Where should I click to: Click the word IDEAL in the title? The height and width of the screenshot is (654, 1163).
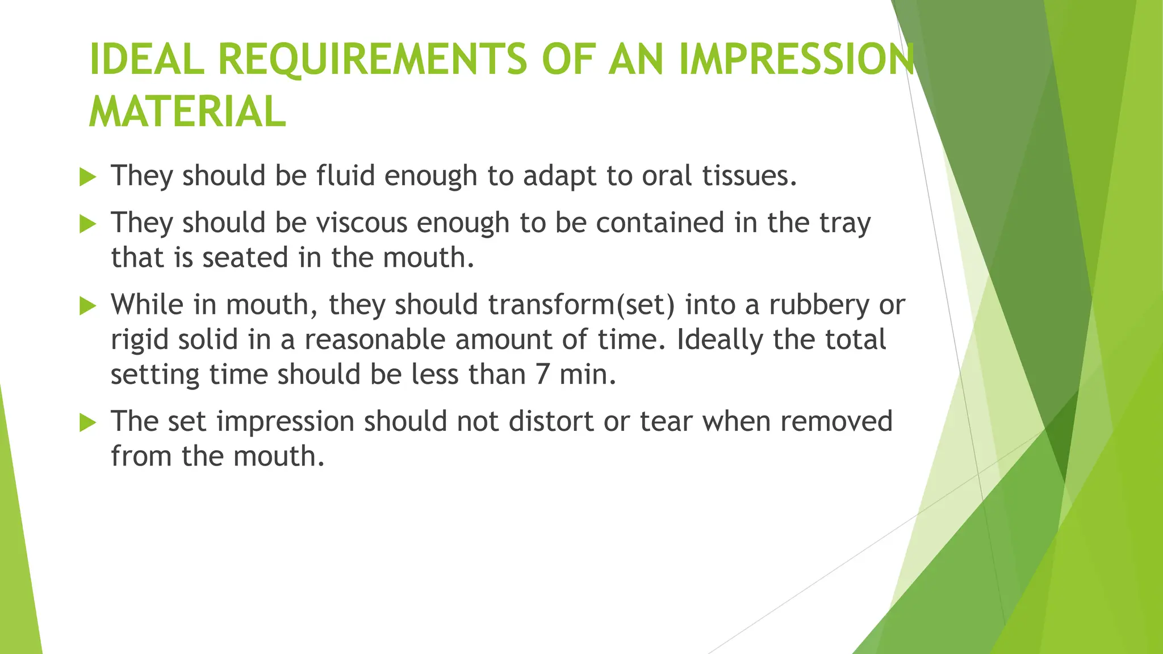[147, 59]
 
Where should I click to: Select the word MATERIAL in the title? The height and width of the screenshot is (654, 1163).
[187, 111]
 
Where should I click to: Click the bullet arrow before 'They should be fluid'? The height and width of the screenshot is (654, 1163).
[87, 177]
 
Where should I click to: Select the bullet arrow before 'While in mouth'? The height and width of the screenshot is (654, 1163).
[87, 306]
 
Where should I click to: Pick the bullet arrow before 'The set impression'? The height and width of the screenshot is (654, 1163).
[87, 422]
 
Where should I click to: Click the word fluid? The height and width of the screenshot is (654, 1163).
[345, 175]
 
